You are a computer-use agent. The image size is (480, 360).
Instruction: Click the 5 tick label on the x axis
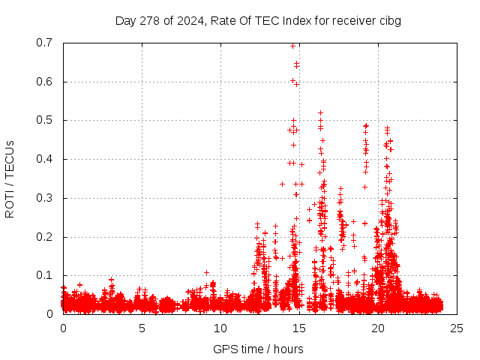[142, 328]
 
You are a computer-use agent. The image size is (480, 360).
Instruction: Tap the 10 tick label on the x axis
[220, 328]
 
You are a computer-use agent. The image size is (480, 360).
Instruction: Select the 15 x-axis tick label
[299, 328]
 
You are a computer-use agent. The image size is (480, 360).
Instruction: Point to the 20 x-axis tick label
[378, 328]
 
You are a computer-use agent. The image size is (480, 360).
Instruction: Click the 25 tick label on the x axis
[457, 328]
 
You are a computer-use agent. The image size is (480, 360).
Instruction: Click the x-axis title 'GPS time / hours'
[258, 349]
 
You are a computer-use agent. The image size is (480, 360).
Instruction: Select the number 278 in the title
[152, 20]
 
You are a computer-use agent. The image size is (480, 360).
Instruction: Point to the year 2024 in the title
[190, 20]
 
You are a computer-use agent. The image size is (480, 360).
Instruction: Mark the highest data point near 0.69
[293, 46]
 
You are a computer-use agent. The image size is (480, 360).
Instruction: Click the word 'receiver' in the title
[352, 20]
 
